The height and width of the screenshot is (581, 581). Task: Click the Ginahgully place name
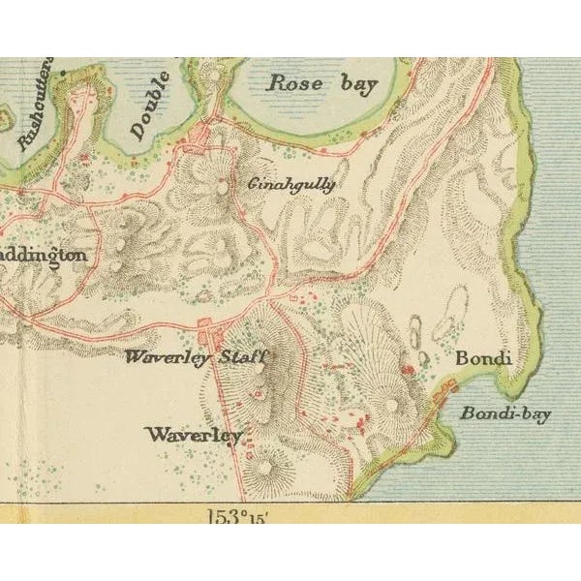point(292,184)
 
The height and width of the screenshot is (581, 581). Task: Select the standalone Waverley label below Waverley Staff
point(194,435)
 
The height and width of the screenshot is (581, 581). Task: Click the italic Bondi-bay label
point(505,414)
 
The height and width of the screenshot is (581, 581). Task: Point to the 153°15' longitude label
point(236,516)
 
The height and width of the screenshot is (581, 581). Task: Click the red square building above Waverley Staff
point(204,327)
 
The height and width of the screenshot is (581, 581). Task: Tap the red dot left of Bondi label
point(408,368)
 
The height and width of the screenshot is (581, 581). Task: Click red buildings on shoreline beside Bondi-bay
point(447,388)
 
